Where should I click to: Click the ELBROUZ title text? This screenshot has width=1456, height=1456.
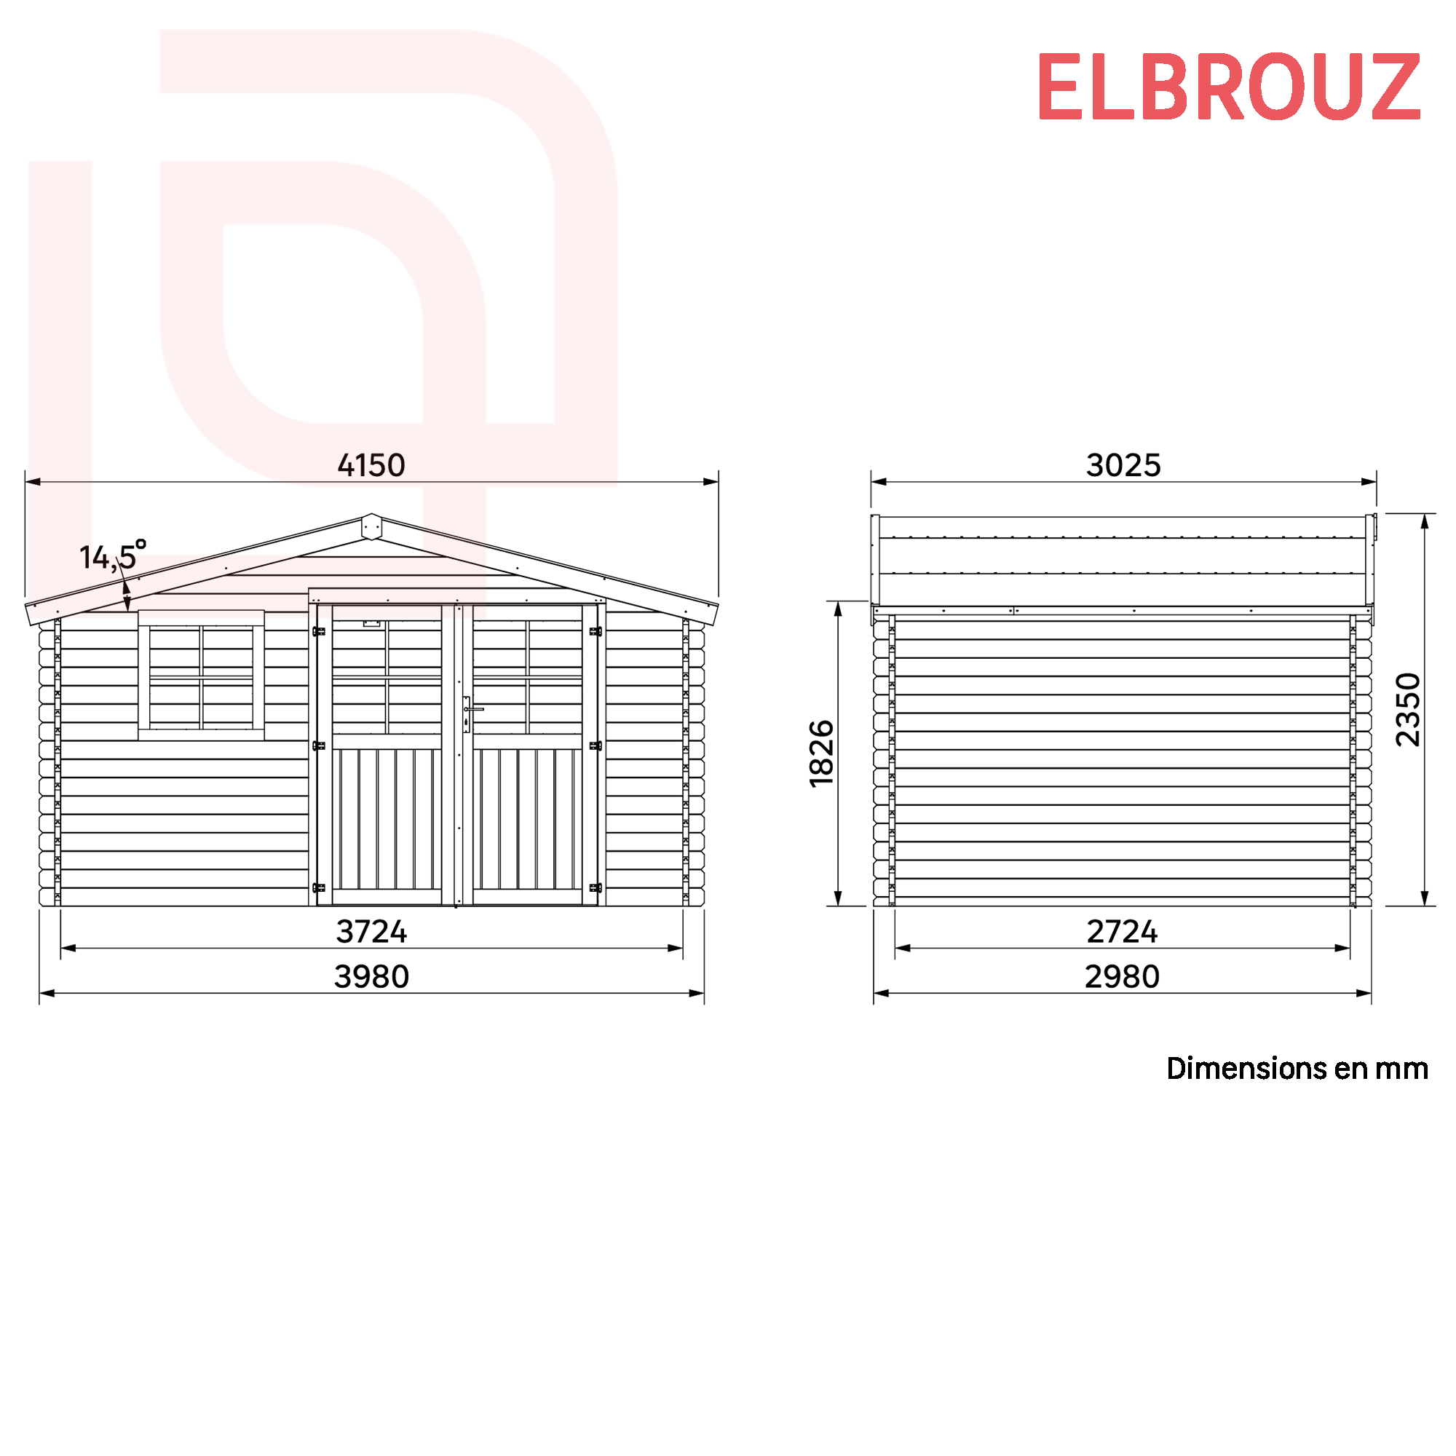pos(1228,87)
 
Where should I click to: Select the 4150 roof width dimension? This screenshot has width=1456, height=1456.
pos(371,465)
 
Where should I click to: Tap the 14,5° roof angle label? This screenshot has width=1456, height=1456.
pos(112,556)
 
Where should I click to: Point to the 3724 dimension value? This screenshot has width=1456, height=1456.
pos(371,932)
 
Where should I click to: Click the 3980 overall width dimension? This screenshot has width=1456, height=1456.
pos(371,977)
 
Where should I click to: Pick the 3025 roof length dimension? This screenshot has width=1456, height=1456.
pos(1123,465)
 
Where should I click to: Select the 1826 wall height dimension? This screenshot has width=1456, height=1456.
pos(821,753)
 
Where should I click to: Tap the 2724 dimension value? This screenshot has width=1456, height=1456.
pos(1121,932)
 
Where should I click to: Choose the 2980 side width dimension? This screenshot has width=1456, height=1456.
pos(1121,977)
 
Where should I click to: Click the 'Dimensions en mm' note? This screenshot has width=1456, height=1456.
pos(1297,1069)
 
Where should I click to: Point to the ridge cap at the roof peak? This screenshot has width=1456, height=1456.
pos(371,526)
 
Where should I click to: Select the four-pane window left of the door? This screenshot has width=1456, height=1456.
pos(201,676)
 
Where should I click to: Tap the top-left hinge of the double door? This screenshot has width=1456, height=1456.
pos(319,631)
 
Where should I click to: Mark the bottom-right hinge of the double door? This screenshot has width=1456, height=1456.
pos(596,887)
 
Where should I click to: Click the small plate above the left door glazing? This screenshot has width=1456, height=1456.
pos(371,623)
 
